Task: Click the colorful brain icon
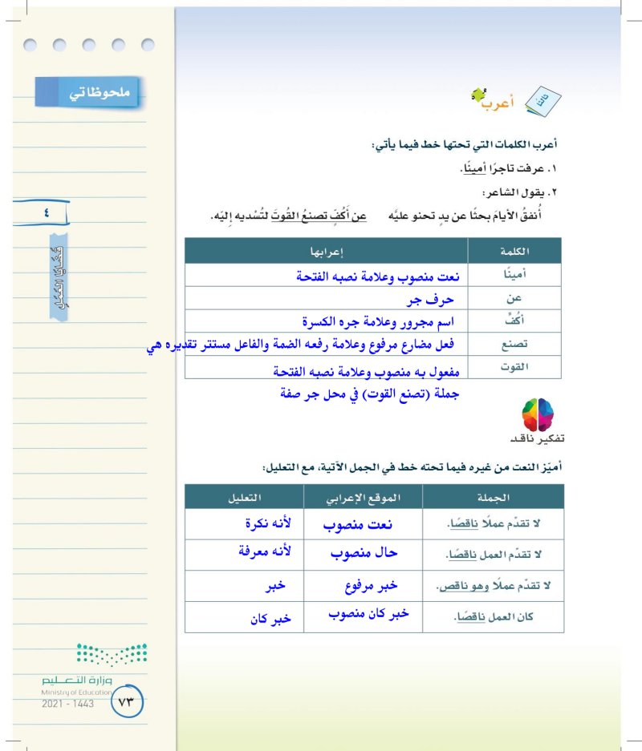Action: [x=537, y=414]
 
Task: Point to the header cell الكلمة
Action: [x=526, y=252]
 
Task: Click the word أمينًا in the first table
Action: [x=526, y=276]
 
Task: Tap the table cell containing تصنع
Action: [x=526, y=345]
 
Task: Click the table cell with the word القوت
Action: [x=526, y=367]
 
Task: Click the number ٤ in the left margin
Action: [x=46, y=212]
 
